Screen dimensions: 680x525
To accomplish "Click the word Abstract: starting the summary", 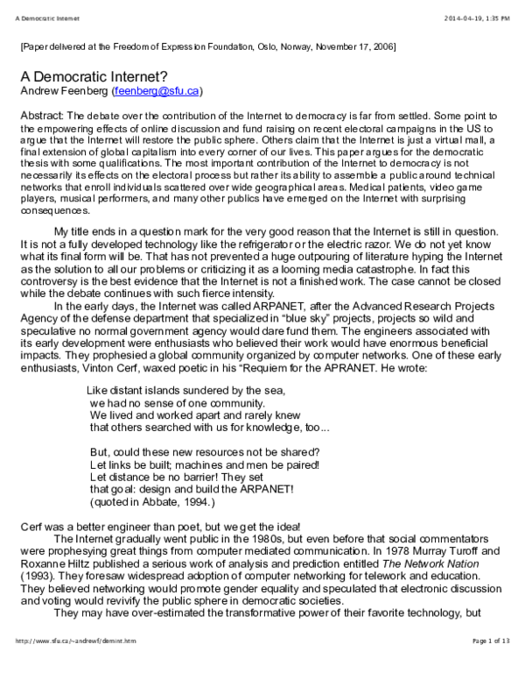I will (x=40, y=116).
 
